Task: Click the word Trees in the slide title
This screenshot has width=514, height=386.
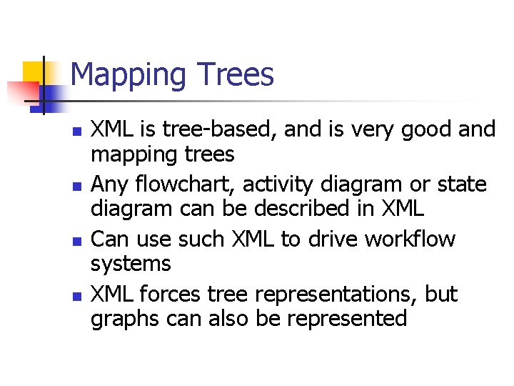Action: pyautogui.click(x=238, y=74)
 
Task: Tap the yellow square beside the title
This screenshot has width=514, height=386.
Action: pyautogui.click(x=36, y=71)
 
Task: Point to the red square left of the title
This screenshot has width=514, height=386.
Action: pyautogui.click(x=21, y=91)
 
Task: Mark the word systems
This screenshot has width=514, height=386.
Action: pyautogui.click(x=131, y=264)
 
